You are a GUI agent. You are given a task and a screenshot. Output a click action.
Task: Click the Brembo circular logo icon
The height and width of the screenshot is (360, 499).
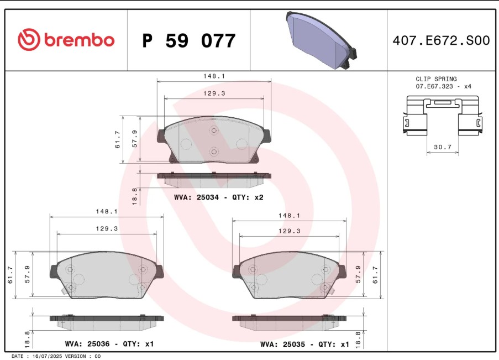pos(29,40)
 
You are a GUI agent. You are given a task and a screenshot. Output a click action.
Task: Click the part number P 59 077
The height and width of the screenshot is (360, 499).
pos(188,41)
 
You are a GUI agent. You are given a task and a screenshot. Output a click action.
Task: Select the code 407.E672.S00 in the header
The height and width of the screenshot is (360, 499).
pos(440,40)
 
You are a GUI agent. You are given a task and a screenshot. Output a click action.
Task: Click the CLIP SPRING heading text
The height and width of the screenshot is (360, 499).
pos(436,79)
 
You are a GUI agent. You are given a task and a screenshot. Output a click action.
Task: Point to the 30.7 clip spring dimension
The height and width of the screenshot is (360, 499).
pos(443,147)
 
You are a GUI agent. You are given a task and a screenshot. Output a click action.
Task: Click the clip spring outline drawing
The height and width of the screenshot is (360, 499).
pos(442,116)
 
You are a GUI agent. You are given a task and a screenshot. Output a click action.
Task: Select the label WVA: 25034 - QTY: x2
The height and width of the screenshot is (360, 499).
pos(218,197)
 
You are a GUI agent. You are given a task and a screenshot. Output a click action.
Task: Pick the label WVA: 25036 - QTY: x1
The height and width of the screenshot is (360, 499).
pos(109,344)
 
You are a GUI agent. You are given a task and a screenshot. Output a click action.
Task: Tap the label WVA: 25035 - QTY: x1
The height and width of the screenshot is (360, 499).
pos(304,344)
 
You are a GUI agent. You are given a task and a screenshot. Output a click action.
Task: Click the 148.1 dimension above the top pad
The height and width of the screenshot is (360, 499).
pos(214,76)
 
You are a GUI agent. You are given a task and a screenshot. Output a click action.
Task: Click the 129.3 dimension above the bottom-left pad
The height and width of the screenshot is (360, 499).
pos(107,228)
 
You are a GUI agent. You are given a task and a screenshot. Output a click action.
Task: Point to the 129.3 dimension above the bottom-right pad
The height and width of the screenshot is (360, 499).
pos(289,231)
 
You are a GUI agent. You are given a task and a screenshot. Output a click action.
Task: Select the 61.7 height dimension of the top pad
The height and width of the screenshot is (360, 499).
pos(118,139)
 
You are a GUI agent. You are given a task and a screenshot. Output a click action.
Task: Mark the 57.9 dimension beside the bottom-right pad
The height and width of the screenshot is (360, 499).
pos(358,274)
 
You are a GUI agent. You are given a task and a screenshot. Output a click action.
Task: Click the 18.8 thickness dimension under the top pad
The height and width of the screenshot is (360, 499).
pos(134,196)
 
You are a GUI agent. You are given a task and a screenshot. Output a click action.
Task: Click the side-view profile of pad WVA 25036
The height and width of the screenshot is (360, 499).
pos(107,319)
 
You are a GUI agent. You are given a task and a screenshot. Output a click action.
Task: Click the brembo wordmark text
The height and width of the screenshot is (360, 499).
pos(79,40)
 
